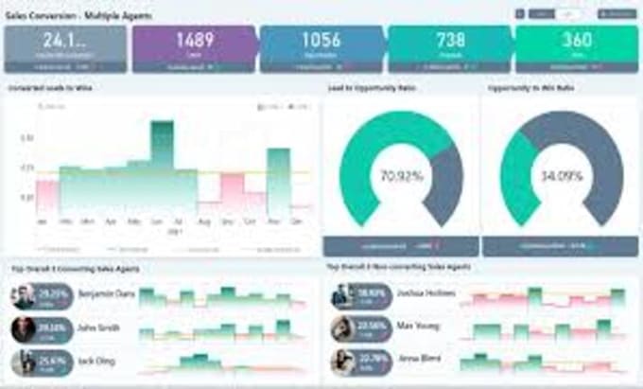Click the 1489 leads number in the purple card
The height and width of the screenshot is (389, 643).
pyautogui.click(x=194, y=41)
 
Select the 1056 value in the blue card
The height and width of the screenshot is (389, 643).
pyautogui.click(x=321, y=41)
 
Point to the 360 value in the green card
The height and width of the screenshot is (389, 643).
pyautogui.click(x=576, y=41)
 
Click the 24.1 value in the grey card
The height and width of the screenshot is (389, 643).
pyautogui.click(x=64, y=41)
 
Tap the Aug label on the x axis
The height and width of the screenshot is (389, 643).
pyautogui.click(x=204, y=221)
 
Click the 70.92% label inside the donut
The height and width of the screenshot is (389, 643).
pyautogui.click(x=402, y=177)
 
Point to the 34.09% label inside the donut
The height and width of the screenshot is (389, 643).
pyautogui.click(x=561, y=177)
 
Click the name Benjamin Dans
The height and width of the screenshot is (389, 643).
pyautogui.click(x=106, y=294)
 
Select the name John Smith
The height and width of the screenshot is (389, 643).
pyautogui.click(x=99, y=328)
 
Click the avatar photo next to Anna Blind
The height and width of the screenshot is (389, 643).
pyautogui.click(x=342, y=361)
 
